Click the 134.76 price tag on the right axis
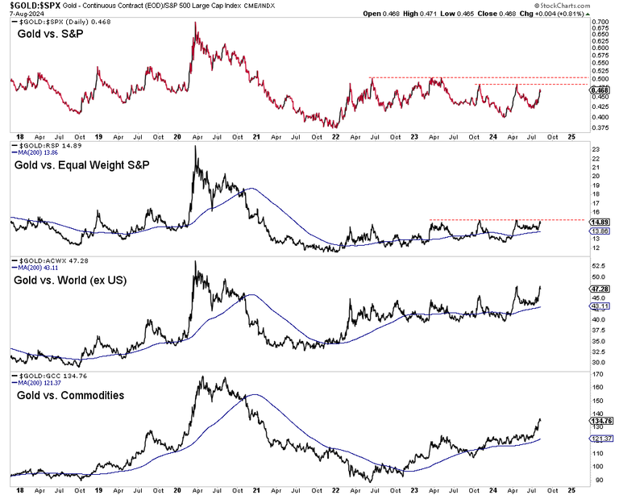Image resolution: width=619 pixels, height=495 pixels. (x=601, y=419)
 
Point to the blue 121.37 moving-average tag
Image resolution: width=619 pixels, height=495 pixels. (x=601, y=439)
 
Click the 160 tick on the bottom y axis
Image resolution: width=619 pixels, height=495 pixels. (x=596, y=387)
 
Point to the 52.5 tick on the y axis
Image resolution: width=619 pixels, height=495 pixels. (x=598, y=265)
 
